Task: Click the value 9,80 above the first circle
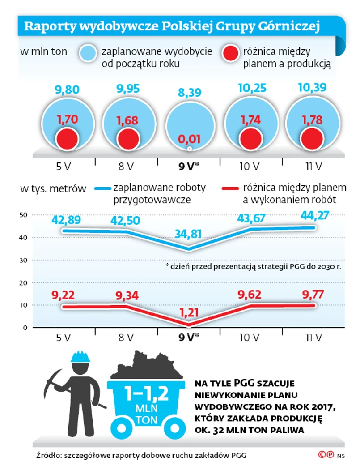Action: tap(67, 90)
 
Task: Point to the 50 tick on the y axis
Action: tap(24, 215)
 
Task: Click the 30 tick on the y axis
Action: tap(24, 260)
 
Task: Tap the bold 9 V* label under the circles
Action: tap(188, 167)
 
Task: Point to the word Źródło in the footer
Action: tap(48, 456)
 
